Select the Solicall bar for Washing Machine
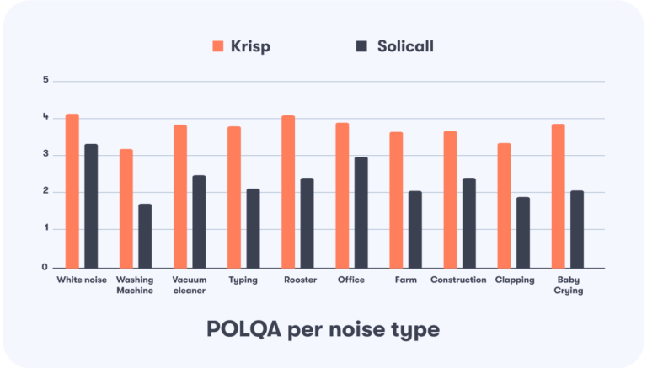tap(145, 236)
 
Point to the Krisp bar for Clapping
tap(504, 205)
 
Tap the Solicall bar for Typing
tap(253, 228)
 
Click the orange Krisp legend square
tap(217, 46)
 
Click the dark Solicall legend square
tap(361, 46)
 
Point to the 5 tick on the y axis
tap(47, 81)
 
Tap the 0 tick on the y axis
tap(47, 267)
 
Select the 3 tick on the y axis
tap(47, 155)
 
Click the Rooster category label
tap(300, 280)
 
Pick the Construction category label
tap(458, 280)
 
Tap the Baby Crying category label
tap(569, 285)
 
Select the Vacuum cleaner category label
tap(190, 285)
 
